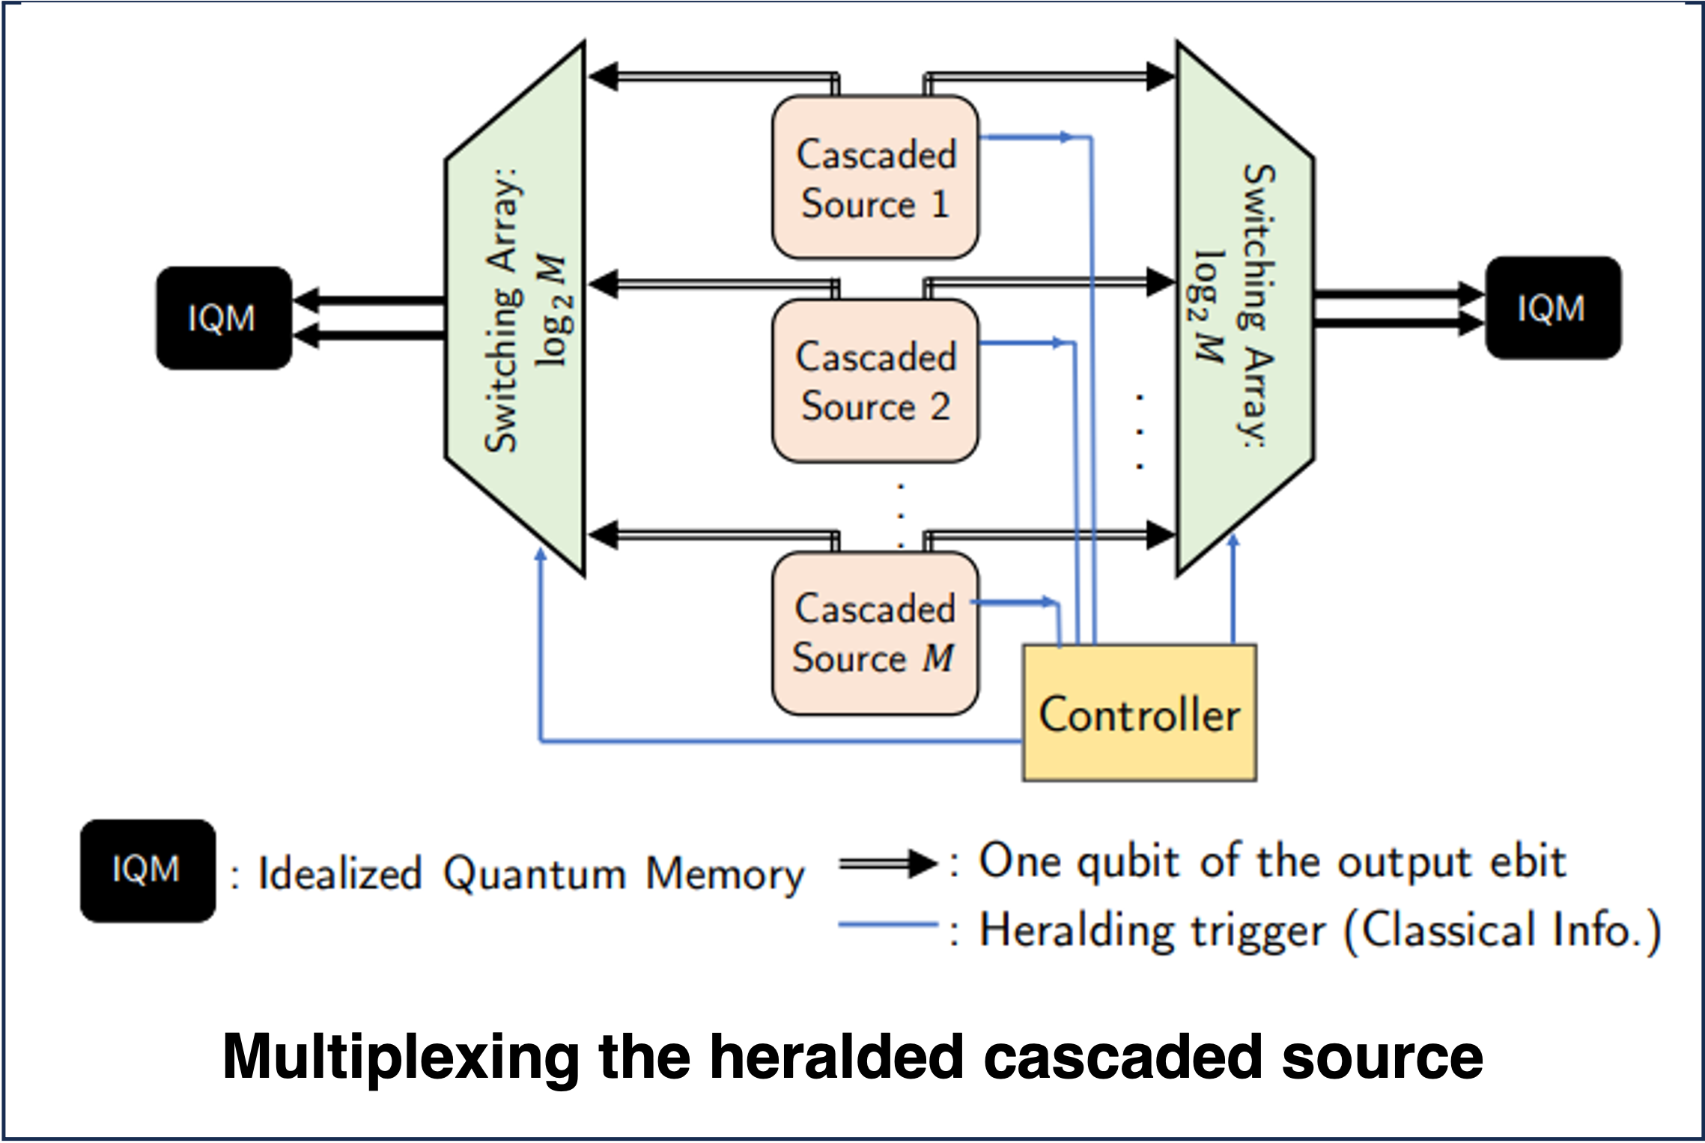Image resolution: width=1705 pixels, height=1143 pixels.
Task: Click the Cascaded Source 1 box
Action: point(875,178)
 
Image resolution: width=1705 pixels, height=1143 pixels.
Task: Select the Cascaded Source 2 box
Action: point(875,381)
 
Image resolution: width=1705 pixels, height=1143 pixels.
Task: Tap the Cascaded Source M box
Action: point(875,634)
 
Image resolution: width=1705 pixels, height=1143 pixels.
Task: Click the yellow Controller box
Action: point(1139,713)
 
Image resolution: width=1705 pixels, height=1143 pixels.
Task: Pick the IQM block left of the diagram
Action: point(223,318)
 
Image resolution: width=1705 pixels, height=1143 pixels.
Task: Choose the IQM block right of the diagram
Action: point(1552,308)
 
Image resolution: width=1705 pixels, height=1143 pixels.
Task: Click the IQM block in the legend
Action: point(148,870)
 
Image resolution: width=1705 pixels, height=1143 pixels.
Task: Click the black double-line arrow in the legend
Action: point(887,864)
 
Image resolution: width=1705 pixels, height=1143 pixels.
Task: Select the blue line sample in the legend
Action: point(887,926)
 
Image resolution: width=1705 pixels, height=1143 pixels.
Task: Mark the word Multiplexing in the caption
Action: point(401,1057)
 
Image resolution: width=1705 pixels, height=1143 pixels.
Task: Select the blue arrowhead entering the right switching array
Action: point(1233,541)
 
